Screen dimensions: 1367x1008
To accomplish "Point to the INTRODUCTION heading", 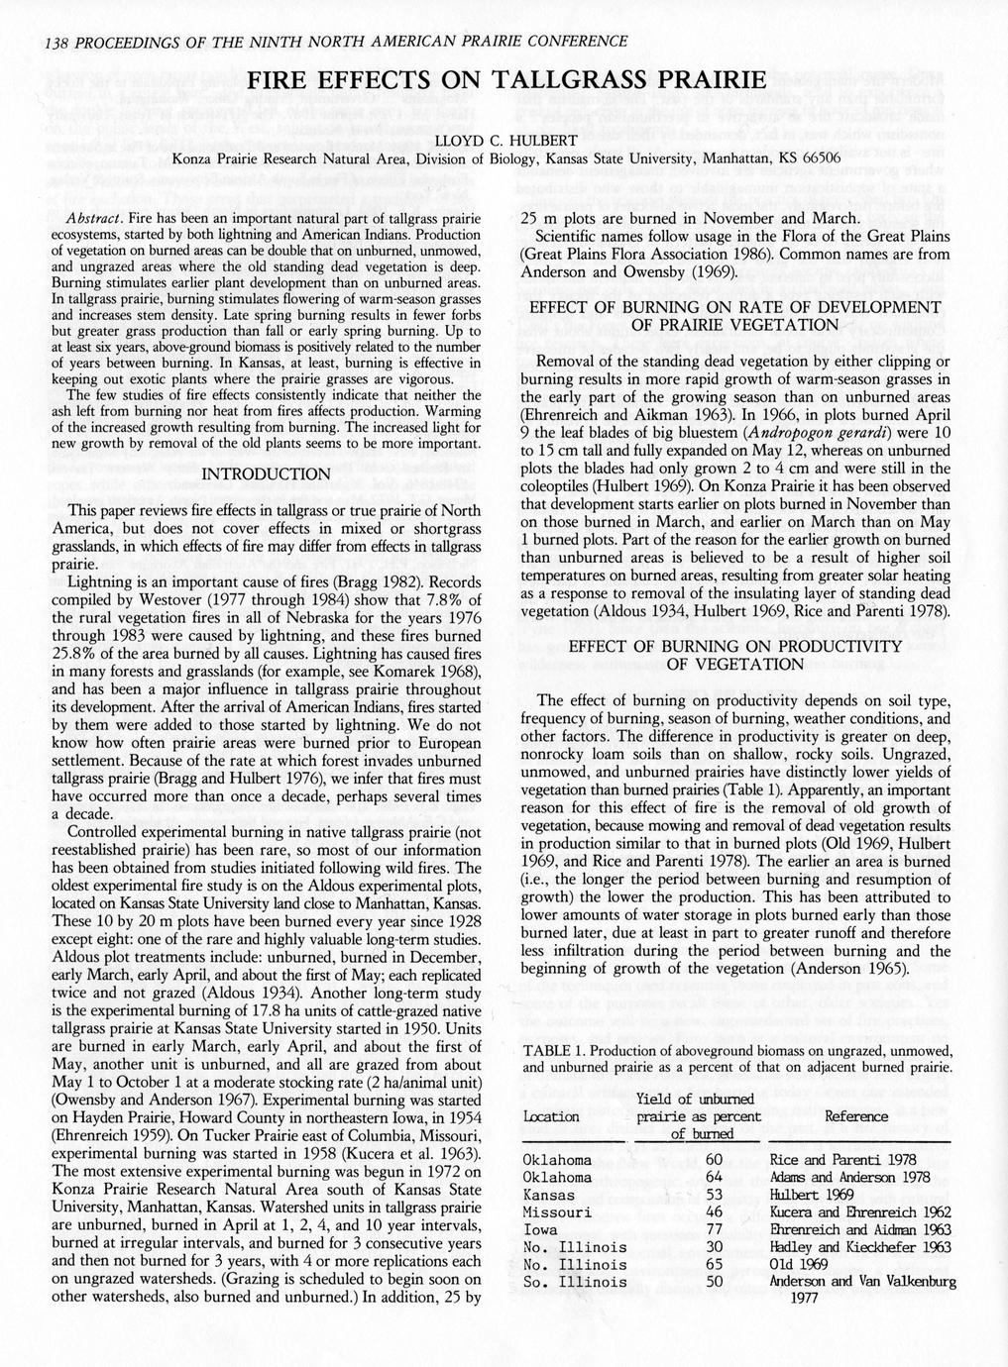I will pos(265,474).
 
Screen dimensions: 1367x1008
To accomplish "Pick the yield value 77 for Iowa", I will pos(714,1229).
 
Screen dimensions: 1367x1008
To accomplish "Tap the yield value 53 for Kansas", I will pos(714,1195).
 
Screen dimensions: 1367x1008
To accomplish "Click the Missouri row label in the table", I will pos(557,1212).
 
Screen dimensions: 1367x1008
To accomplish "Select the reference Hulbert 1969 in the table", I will pos(812,1195).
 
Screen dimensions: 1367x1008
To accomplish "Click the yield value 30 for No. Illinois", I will pos(714,1247).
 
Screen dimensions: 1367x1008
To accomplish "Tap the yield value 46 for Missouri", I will pos(714,1212).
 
